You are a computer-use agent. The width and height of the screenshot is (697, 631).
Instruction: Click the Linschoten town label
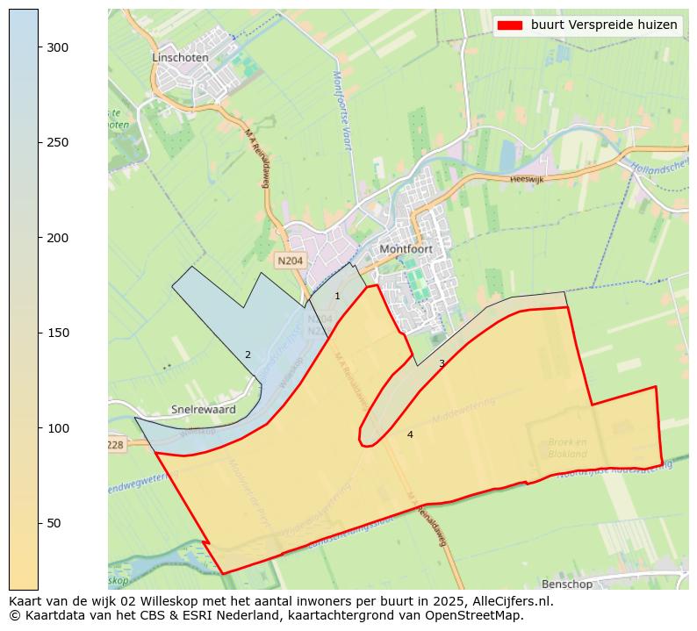click(x=180, y=57)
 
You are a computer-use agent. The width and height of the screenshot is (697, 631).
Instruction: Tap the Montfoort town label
click(x=407, y=249)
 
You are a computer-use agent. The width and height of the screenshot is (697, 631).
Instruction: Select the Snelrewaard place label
click(x=203, y=410)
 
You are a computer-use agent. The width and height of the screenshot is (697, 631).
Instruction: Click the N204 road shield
click(x=289, y=261)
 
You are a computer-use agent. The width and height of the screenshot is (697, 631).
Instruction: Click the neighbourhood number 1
click(x=337, y=297)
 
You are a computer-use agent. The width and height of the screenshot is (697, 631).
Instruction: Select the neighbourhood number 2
click(x=248, y=355)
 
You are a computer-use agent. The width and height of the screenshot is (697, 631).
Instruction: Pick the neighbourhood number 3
click(x=442, y=363)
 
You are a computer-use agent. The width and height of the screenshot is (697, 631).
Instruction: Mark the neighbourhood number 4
click(x=410, y=434)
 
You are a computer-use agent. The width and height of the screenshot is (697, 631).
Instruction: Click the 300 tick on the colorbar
click(x=58, y=47)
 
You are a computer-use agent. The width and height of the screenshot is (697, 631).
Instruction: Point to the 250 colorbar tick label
click(x=58, y=143)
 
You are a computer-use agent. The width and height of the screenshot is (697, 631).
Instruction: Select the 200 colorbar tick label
click(x=58, y=238)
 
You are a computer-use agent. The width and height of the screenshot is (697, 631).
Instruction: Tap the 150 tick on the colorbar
click(x=58, y=333)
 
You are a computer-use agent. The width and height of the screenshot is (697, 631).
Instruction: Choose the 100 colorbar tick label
click(x=58, y=428)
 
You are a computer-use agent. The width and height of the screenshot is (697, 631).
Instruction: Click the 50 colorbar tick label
click(x=54, y=523)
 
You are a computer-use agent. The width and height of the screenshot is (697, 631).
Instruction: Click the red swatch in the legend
click(x=509, y=25)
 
